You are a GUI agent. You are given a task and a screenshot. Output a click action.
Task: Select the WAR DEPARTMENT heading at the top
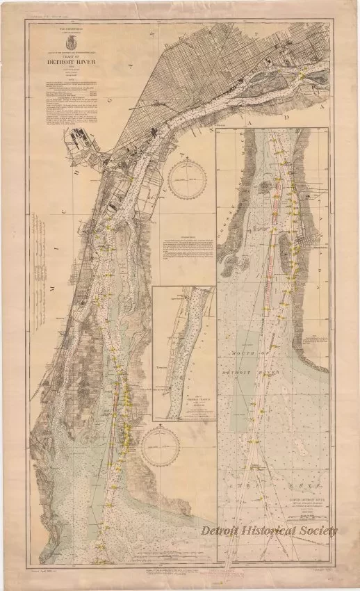(x=65, y=30)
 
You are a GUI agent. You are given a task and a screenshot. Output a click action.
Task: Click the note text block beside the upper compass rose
(x=186, y=248)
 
